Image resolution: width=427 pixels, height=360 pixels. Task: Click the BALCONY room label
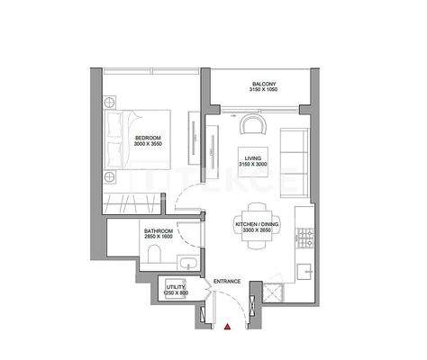tap(262, 85)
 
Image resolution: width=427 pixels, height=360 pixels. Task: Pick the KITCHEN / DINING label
tap(256, 223)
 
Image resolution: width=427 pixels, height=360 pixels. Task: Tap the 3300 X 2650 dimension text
tap(256, 230)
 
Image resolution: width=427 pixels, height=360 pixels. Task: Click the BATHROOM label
tap(159, 231)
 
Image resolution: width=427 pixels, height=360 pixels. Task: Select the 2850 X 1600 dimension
tap(159, 238)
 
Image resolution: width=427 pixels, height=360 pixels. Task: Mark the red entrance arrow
tap(229, 330)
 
